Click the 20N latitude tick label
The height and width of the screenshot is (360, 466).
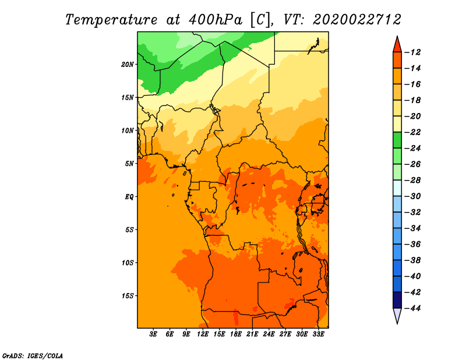(x=128, y=64)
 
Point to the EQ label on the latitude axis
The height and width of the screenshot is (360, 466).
(x=129, y=196)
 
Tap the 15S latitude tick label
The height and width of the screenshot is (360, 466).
(x=128, y=295)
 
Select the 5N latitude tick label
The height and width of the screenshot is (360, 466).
(x=129, y=163)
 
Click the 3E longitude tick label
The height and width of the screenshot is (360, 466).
(x=154, y=335)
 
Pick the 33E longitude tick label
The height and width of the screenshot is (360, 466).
(x=319, y=335)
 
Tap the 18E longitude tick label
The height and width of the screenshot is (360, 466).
(x=236, y=335)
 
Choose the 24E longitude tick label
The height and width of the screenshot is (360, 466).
(x=269, y=335)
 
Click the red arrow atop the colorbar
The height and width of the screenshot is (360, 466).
(x=397, y=44)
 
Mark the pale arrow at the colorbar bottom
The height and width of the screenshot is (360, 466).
(x=397, y=316)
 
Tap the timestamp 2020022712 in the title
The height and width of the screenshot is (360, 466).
(x=357, y=20)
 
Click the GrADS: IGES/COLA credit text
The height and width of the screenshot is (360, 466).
(x=33, y=355)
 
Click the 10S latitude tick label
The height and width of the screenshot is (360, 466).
(x=128, y=262)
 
